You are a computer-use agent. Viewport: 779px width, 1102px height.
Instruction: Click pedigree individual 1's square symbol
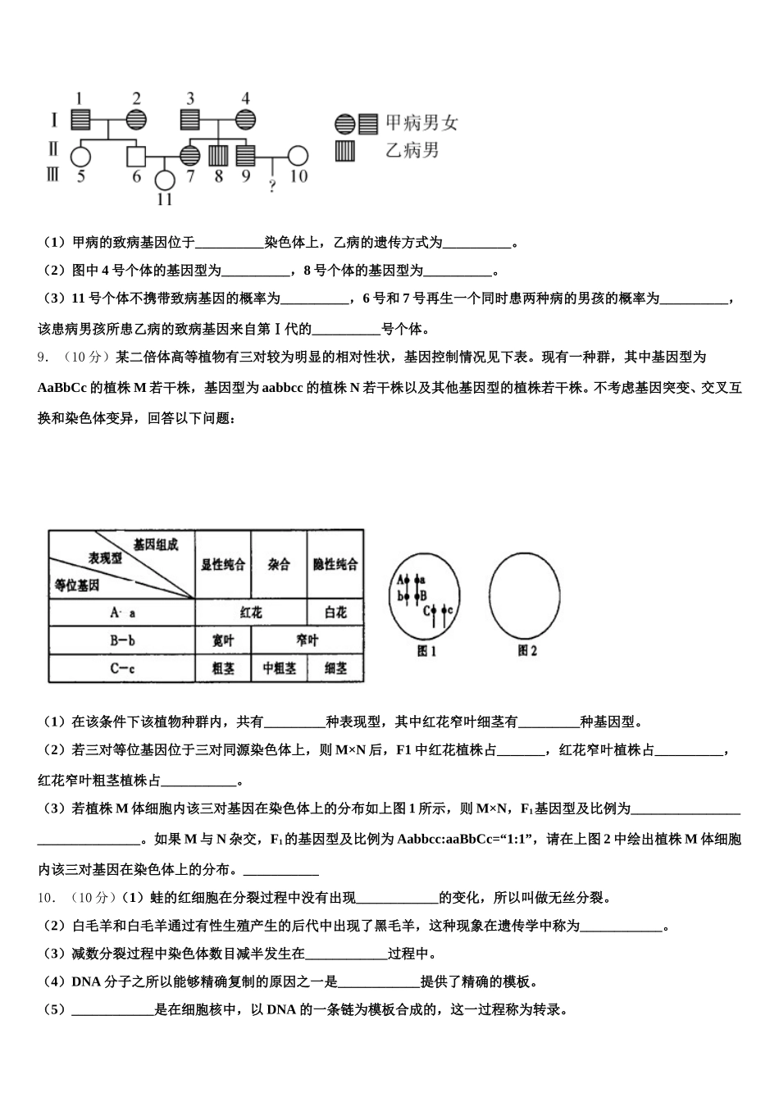pyautogui.click(x=80, y=120)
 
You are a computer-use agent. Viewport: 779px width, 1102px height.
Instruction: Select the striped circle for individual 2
pyautogui.click(x=135, y=120)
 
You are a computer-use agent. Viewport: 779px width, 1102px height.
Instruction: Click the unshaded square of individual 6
pyautogui.click(x=135, y=155)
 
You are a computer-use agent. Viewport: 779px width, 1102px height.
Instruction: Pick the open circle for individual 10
pyautogui.click(x=298, y=155)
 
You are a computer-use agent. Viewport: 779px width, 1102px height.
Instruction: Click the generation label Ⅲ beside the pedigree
pyautogui.click(x=53, y=174)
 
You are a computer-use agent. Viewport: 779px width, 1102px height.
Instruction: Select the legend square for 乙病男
pyautogui.click(x=344, y=151)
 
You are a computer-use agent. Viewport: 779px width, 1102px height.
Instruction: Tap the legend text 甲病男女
pyautogui.click(x=421, y=124)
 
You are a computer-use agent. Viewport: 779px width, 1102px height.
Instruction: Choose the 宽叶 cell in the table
pyautogui.click(x=222, y=640)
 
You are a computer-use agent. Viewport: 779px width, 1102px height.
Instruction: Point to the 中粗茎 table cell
pyautogui.click(x=279, y=668)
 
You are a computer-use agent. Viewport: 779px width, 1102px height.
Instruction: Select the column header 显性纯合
pyautogui.click(x=222, y=565)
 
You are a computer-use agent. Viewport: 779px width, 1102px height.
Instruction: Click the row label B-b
pyautogui.click(x=122, y=640)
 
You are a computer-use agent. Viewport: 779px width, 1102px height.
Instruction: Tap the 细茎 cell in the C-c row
pyautogui.click(x=335, y=668)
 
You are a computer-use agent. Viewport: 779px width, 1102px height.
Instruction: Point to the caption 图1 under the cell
pyautogui.click(x=426, y=652)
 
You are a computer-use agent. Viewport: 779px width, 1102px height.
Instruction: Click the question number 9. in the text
pyautogui.click(x=46, y=357)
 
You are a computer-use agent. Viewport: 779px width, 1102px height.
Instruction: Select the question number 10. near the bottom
pyautogui.click(x=47, y=898)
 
